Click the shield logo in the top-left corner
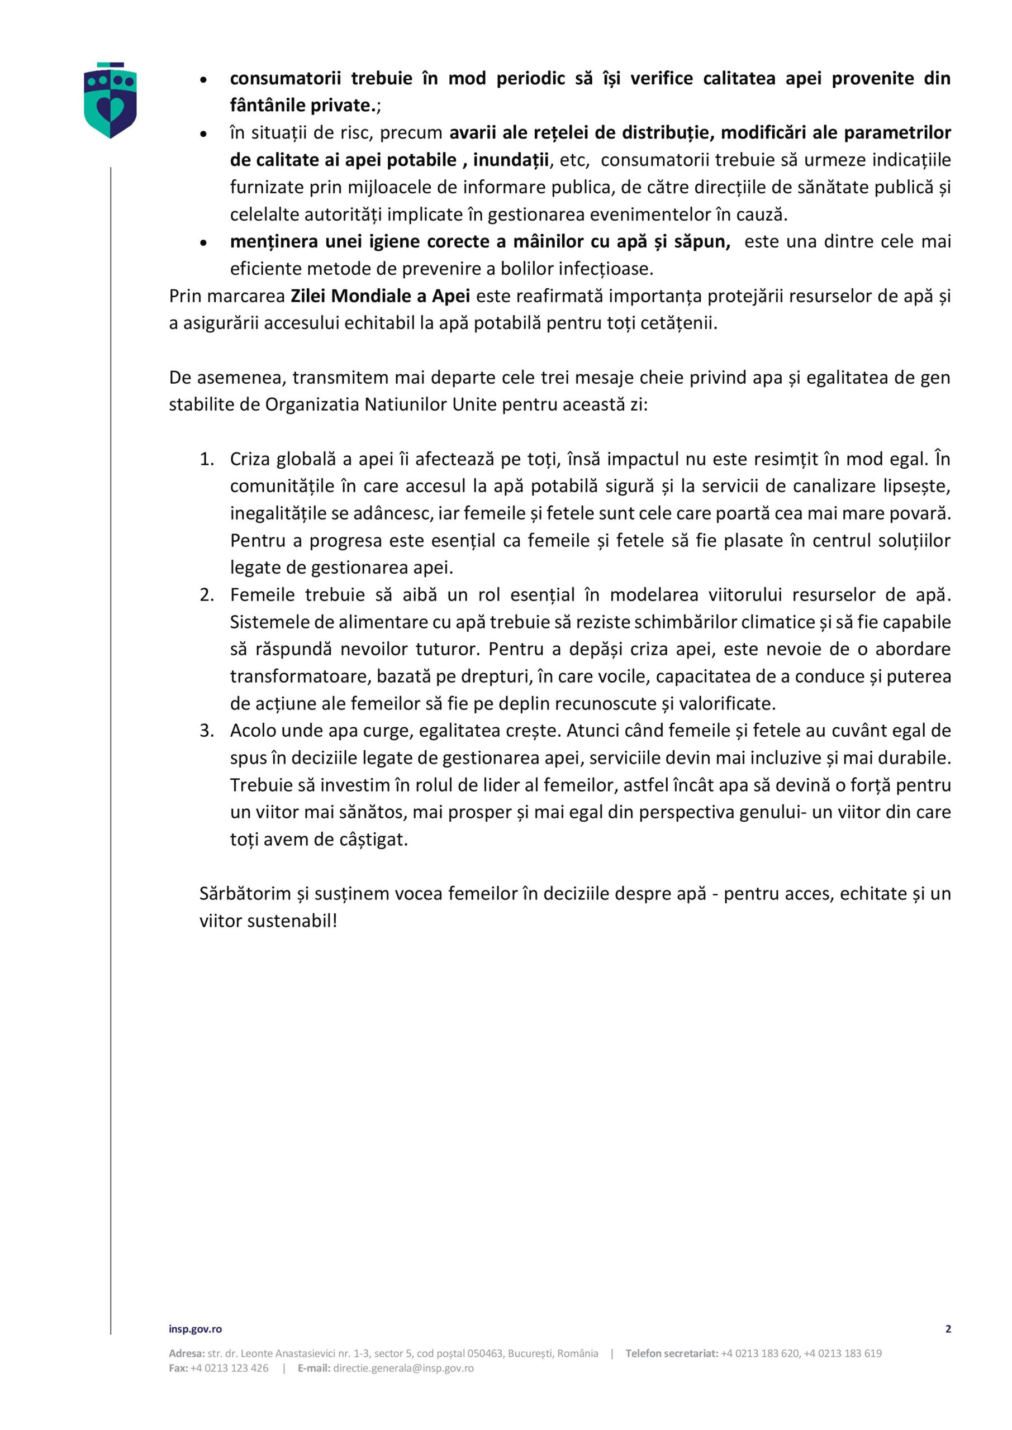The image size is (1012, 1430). pos(110,101)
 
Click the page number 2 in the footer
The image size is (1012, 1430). pos(948,1328)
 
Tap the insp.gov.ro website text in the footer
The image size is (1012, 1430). pos(195,1329)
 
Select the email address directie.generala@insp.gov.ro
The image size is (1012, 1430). pos(403,1369)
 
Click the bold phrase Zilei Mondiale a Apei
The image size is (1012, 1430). pos(380,296)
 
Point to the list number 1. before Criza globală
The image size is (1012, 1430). pos(207,459)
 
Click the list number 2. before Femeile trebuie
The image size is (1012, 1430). pos(207,595)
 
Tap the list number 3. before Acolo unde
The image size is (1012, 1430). pos(207,731)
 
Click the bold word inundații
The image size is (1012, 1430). pos(510,160)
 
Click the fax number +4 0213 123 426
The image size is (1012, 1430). pos(229,1369)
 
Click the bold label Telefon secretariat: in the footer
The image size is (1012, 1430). pos(672,1353)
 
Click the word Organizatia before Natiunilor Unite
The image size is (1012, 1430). pos(312,405)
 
